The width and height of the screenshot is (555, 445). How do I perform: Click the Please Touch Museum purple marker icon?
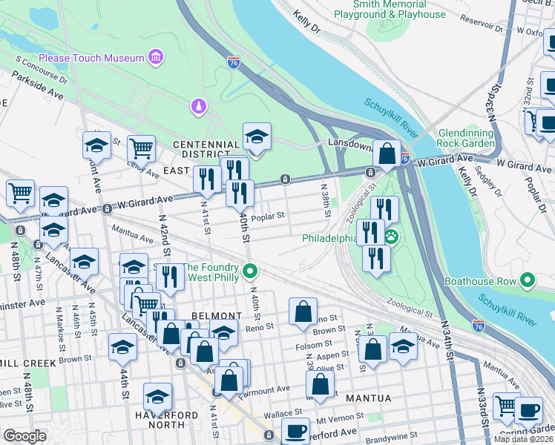point(155,57)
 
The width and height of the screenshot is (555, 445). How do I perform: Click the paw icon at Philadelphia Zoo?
point(391,237)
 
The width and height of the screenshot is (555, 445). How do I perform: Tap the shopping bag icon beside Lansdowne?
point(387,154)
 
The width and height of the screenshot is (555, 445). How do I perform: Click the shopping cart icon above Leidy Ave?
point(140,147)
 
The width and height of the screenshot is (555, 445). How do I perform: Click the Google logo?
point(24,435)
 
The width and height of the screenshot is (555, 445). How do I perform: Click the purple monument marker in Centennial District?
point(198,107)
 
